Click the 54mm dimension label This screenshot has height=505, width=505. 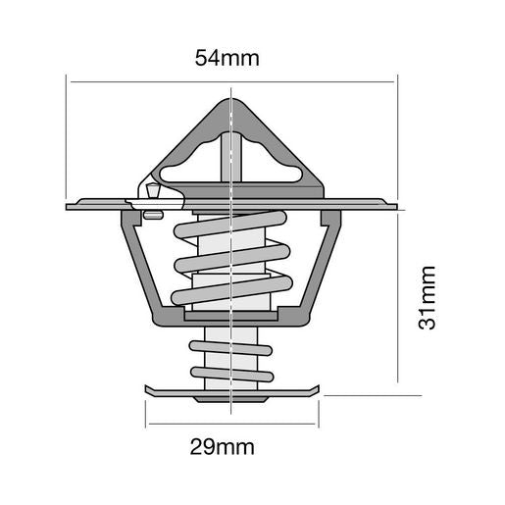pyautogui.click(x=227, y=58)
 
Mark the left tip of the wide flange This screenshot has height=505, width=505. pyautogui.click(x=70, y=206)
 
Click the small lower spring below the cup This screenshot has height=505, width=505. pyautogui.click(x=229, y=357)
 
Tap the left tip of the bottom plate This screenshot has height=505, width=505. pyautogui.click(x=148, y=391)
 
